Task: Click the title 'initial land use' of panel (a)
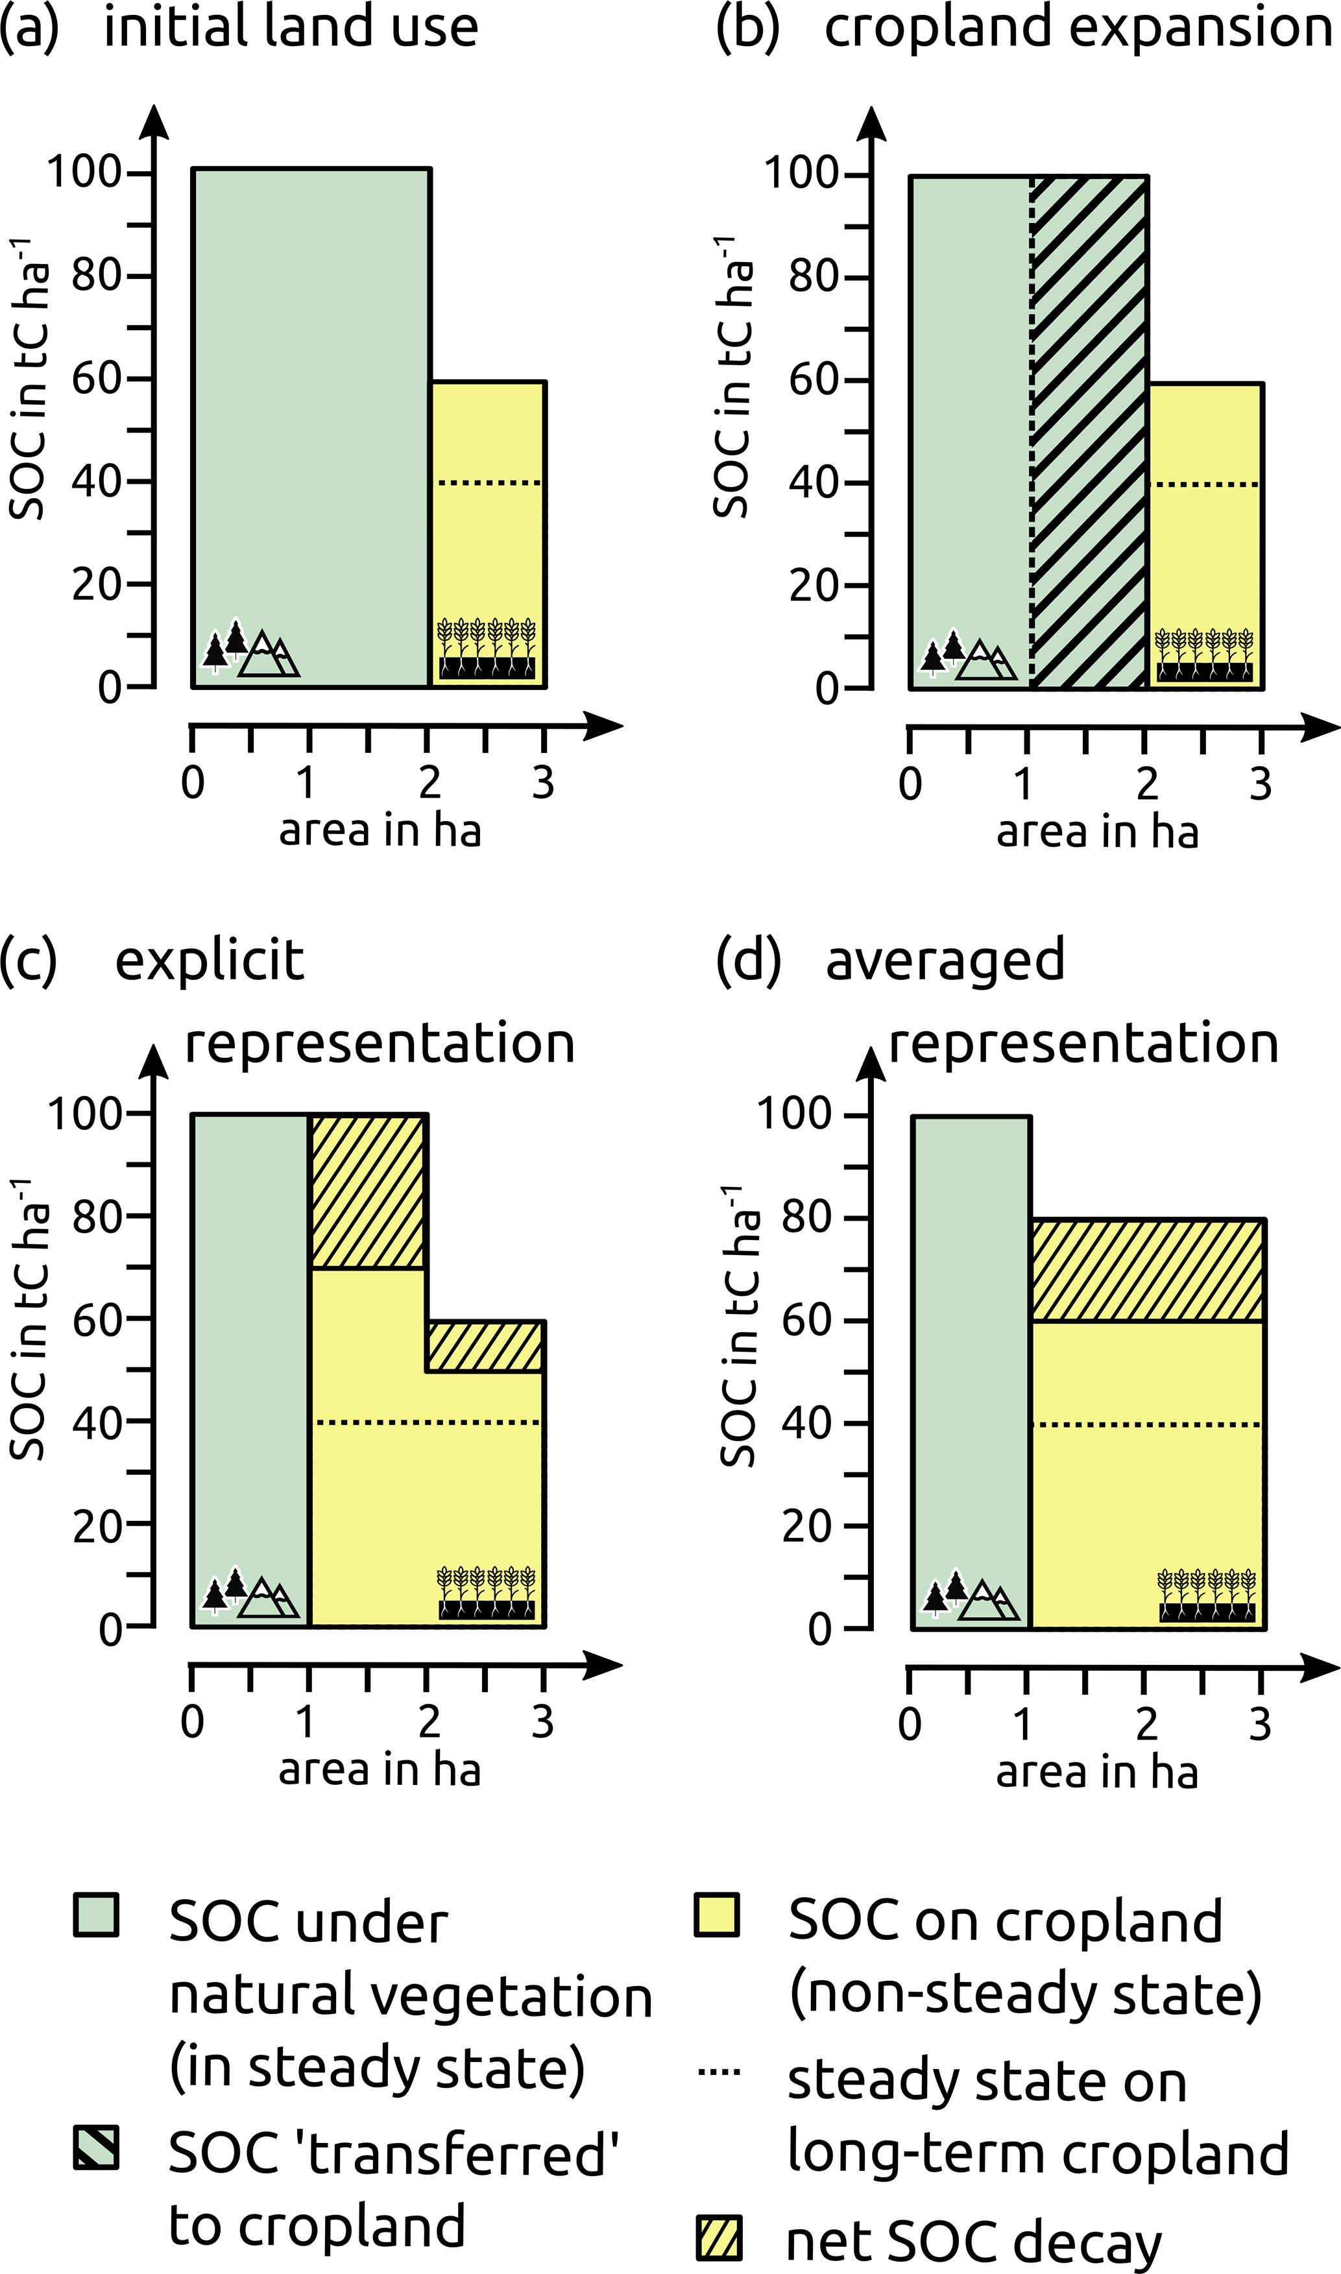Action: tap(290, 27)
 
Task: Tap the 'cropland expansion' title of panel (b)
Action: tap(1078, 27)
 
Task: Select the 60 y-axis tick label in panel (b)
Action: tap(814, 379)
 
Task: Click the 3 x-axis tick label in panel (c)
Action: tap(542, 1722)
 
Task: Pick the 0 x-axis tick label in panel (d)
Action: tap(910, 1724)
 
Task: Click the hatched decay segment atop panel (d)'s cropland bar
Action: tap(1147, 1270)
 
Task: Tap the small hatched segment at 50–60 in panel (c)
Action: tap(485, 1346)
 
